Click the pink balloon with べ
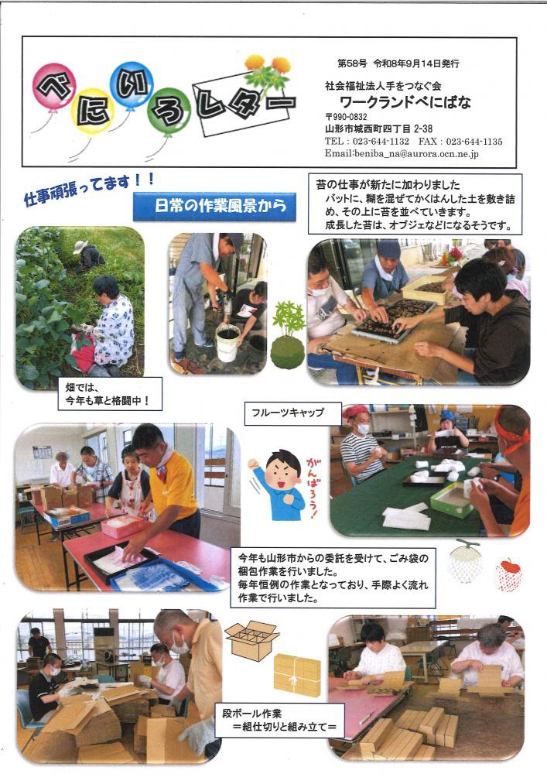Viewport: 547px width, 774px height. (55, 86)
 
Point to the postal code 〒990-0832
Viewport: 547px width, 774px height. (346, 117)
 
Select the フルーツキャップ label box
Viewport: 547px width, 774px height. (293, 413)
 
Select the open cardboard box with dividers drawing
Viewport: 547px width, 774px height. (252, 640)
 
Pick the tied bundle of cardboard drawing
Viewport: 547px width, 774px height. (297, 675)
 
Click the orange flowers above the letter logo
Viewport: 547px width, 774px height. (268, 63)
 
